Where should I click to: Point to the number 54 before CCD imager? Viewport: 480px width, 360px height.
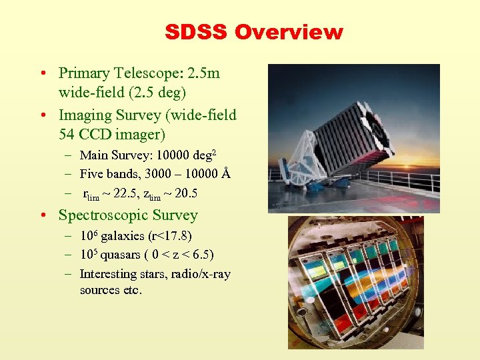pos(67,133)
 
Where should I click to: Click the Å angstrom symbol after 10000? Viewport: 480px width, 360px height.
pos(225,175)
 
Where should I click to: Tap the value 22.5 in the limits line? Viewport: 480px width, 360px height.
pos(125,194)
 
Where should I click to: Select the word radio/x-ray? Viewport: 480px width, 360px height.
pos(197,274)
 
